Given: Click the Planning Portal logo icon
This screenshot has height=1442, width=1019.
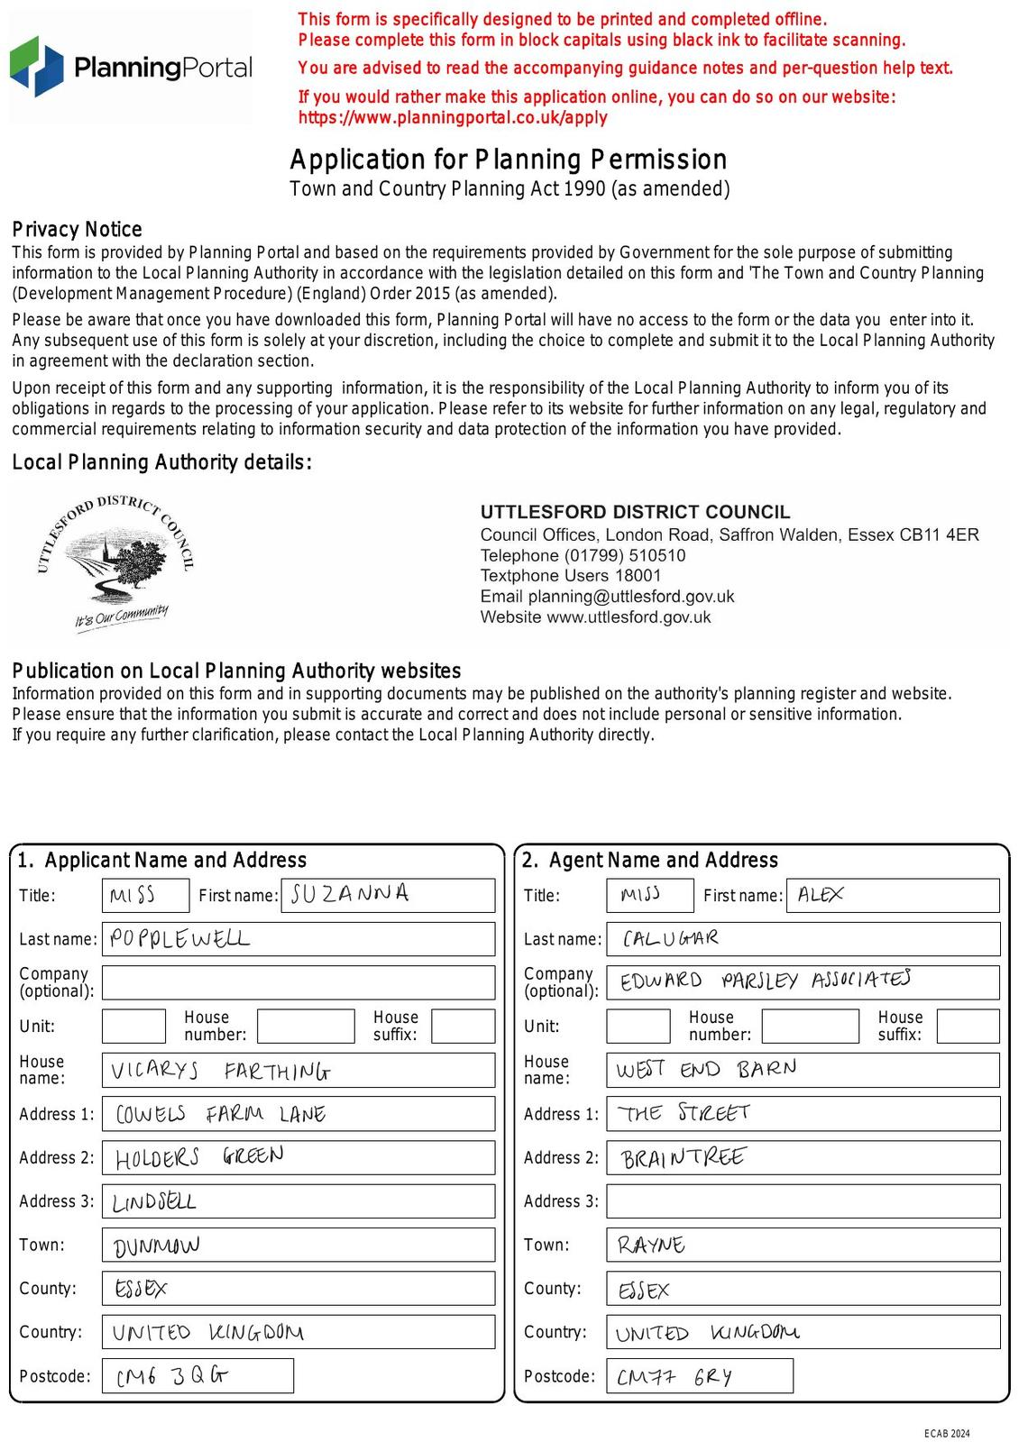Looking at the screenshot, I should [37, 67].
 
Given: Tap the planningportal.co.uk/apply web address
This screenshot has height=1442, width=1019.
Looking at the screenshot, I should [453, 117].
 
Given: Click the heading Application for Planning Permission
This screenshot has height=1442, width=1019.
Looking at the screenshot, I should [508, 160].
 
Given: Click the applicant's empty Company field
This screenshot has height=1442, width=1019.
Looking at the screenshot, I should [298, 982].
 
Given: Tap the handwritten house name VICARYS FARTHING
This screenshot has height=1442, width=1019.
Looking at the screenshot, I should [220, 1071].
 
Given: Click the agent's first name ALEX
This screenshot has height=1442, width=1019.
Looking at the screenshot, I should [821, 895].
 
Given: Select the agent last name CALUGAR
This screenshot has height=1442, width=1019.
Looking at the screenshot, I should [671, 939].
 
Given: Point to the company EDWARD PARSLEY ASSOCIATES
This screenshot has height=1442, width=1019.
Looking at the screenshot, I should [765, 981].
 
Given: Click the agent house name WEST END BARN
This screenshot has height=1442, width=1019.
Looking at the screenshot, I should [706, 1070].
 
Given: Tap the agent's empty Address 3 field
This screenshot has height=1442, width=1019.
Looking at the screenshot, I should [803, 1201].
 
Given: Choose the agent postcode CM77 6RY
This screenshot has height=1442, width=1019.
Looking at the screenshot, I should [675, 1377].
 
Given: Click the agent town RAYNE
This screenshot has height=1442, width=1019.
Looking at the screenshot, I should [651, 1246].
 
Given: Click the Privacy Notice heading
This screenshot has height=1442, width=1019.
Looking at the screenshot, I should [77, 229].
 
